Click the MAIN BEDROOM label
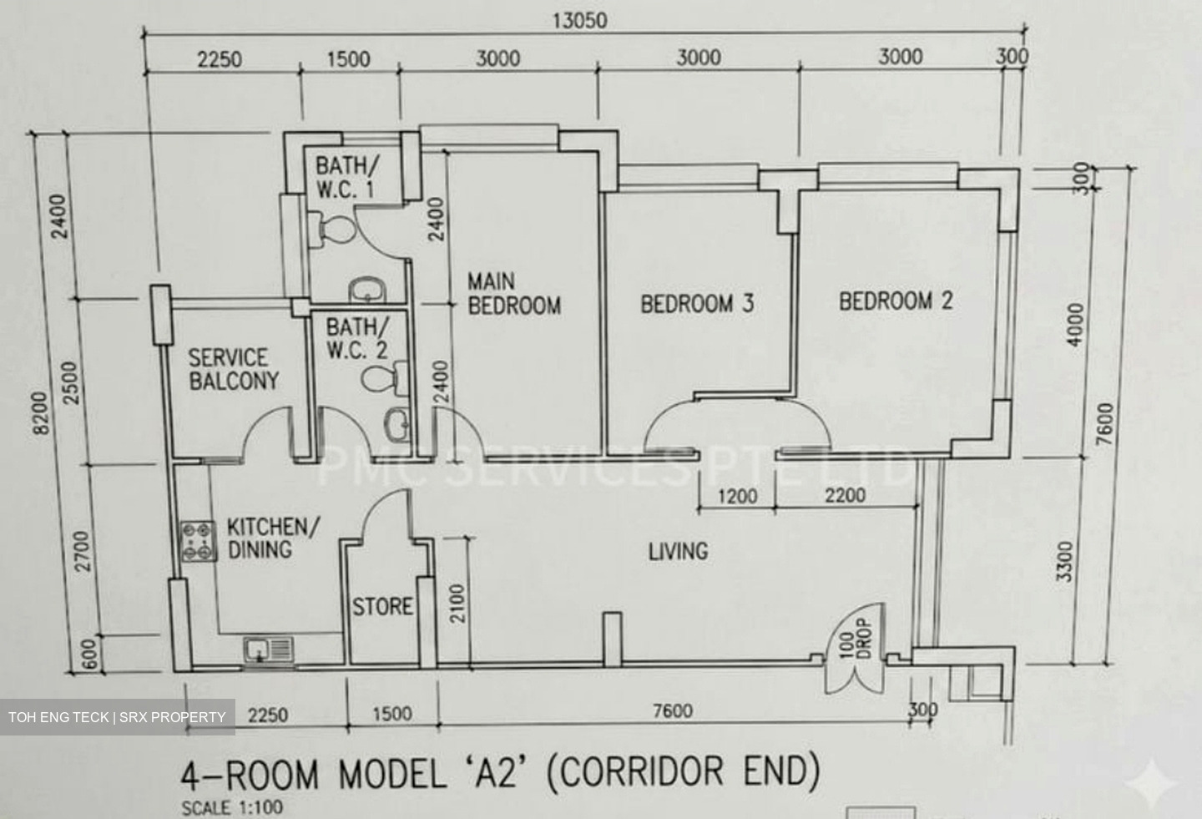(x=514, y=294)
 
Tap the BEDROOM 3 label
(x=697, y=304)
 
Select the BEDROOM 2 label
(x=896, y=301)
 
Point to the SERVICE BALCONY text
(x=234, y=369)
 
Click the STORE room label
(x=382, y=606)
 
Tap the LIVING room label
(x=679, y=552)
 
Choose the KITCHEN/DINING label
(x=273, y=538)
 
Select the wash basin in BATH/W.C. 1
(x=367, y=291)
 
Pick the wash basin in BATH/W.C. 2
(x=398, y=425)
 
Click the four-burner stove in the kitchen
(x=198, y=542)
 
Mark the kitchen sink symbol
(x=268, y=650)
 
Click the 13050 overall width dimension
(x=579, y=21)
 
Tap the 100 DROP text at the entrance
(x=854, y=638)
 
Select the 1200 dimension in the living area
(x=737, y=496)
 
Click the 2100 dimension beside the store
(x=457, y=604)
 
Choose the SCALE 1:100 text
(x=232, y=808)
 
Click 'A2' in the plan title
(x=498, y=771)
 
